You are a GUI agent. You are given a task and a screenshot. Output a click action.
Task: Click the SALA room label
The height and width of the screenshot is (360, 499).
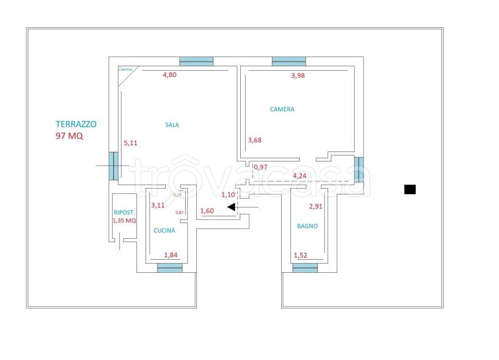click(x=172, y=125)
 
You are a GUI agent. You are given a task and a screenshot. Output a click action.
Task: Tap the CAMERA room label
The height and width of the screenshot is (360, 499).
click(x=282, y=109)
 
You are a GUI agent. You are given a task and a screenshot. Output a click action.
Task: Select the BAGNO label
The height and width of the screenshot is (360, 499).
click(x=307, y=226)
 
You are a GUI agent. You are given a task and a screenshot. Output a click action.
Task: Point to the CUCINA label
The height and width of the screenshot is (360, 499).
click(x=164, y=230)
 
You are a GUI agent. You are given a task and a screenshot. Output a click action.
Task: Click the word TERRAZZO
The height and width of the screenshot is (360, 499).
click(x=76, y=124)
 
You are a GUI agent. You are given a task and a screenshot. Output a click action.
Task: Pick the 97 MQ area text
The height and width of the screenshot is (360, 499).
click(x=69, y=136)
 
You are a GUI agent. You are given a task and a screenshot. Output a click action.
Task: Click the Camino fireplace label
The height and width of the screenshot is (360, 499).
click(x=125, y=69)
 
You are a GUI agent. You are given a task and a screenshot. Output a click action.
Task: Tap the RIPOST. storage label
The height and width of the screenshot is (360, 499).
click(x=124, y=212)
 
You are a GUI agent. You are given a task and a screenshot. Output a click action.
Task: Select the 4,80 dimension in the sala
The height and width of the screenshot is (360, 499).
click(x=170, y=75)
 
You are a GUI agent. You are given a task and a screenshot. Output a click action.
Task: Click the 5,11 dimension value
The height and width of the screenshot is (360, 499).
click(x=131, y=143)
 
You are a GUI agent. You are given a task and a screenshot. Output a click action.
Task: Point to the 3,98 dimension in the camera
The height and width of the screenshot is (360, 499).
click(x=298, y=76)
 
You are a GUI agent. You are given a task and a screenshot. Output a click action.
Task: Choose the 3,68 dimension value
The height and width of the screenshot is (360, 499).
click(x=255, y=140)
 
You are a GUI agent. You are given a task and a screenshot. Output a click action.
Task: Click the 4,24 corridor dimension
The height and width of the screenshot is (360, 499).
click(x=300, y=176)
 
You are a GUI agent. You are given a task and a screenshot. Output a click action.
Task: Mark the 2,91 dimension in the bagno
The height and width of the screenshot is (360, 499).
click(x=316, y=207)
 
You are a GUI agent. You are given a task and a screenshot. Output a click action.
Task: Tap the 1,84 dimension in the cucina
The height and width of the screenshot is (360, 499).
click(x=171, y=255)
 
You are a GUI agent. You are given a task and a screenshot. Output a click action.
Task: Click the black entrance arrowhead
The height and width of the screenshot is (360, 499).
click(x=231, y=207)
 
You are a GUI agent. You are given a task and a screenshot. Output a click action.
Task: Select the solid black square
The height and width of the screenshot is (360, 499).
click(x=410, y=189)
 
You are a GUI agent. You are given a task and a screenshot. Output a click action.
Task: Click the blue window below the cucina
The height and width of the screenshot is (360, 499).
click(x=170, y=268)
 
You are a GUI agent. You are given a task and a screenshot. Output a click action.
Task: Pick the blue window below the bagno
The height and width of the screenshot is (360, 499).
click(x=305, y=268)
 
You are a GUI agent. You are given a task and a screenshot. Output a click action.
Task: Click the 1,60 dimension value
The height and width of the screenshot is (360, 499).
click(x=207, y=211)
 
